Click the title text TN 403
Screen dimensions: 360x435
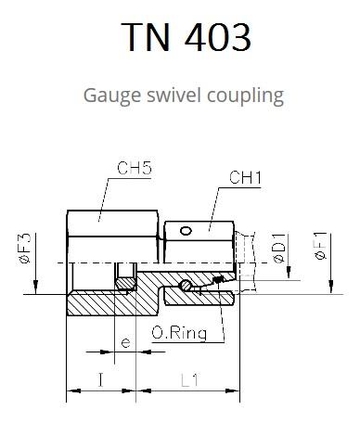point(186,37)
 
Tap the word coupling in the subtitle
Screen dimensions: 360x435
point(245,96)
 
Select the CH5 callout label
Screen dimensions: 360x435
point(134,168)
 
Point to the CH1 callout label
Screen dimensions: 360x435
point(245,178)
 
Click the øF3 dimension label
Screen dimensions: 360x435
point(25,249)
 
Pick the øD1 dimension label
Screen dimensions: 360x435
point(279,249)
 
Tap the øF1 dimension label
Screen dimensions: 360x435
point(321,246)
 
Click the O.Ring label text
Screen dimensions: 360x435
point(179,333)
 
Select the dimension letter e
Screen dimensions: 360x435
point(125,343)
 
